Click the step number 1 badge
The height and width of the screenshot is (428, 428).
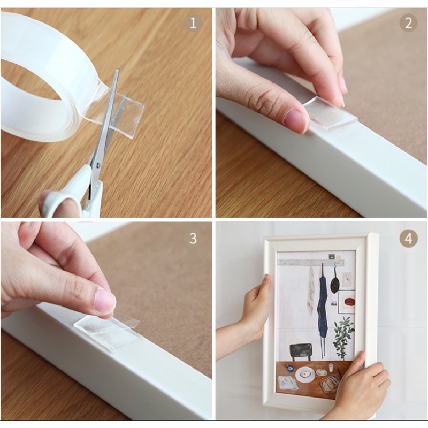click(x=193, y=23)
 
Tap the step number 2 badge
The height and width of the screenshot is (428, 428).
click(x=408, y=23)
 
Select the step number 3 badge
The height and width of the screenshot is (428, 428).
click(x=193, y=238)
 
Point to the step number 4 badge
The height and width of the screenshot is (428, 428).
click(x=408, y=238)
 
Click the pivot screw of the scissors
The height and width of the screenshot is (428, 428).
click(x=98, y=165)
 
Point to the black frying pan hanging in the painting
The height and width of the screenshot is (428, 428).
click(x=335, y=284)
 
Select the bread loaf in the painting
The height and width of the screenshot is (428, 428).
click(x=330, y=384)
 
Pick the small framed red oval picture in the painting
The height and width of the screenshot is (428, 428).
click(x=347, y=302)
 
